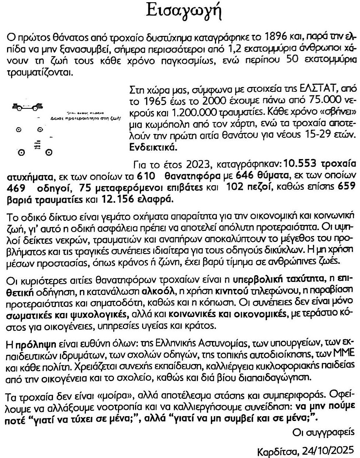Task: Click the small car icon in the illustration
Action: tap(27, 107)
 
